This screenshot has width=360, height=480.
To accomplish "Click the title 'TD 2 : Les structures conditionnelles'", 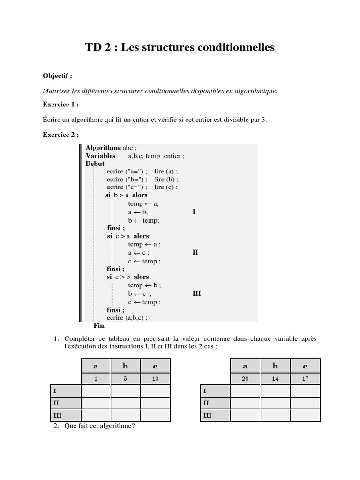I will point(180,47).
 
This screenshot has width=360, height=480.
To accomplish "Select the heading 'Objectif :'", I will point(58,76).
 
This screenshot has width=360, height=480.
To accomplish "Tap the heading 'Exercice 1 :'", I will point(61,104).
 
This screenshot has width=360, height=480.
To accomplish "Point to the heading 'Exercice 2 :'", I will point(61,135).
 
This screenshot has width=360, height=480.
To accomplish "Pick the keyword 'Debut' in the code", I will point(95,164).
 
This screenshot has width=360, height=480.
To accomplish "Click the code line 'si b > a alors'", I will point(127,195).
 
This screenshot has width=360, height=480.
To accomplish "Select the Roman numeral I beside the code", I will point(194,212).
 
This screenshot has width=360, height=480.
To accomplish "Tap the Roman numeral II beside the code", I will point(195,253).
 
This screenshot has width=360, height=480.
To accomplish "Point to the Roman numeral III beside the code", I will point(196,293).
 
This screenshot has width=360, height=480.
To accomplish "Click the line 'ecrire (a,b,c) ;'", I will point(127,317).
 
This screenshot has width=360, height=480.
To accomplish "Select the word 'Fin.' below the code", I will point(100,325).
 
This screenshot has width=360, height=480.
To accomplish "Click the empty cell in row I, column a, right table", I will point(245,390).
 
